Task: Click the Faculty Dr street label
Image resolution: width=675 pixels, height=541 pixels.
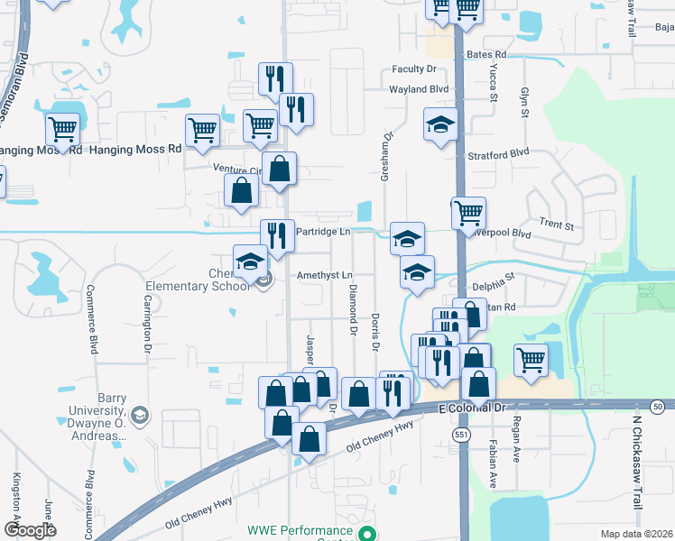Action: [x=414, y=69]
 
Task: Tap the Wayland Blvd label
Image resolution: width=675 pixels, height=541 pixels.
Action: [x=419, y=90]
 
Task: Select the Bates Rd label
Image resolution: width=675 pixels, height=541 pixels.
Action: [x=487, y=55]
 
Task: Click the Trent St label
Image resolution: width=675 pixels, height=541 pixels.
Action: [x=557, y=225]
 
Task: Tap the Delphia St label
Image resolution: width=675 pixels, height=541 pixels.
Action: [x=493, y=278]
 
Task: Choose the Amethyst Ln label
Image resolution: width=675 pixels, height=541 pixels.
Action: [x=321, y=274]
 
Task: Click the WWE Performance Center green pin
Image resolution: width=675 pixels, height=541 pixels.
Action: [x=367, y=533]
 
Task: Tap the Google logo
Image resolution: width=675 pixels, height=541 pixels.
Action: [x=30, y=530]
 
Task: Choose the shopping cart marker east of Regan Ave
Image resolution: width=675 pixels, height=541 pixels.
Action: [x=532, y=360]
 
